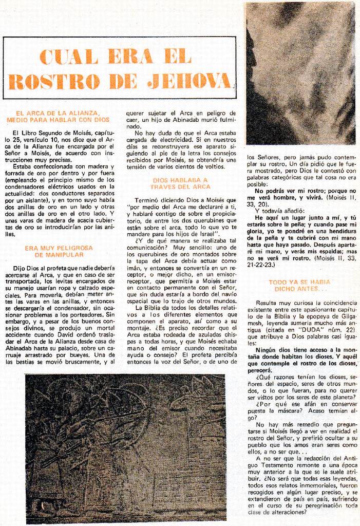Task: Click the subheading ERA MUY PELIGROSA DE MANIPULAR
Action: (59, 251)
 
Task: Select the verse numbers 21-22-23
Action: (261, 265)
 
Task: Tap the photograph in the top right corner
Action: (300, 73)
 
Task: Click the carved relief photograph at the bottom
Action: (126, 447)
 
